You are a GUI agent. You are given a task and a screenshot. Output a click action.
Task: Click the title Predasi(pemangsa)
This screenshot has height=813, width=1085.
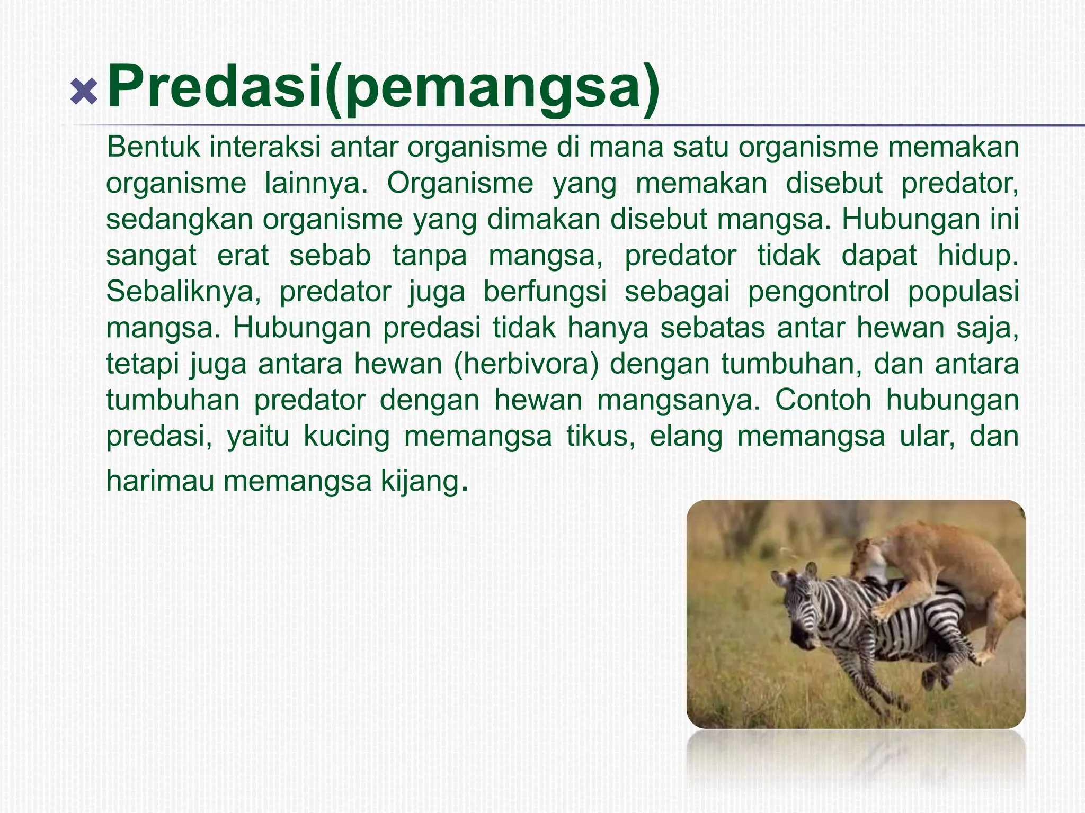coord(383,86)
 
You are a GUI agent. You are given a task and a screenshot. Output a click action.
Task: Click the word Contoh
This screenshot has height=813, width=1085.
coord(823,400)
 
